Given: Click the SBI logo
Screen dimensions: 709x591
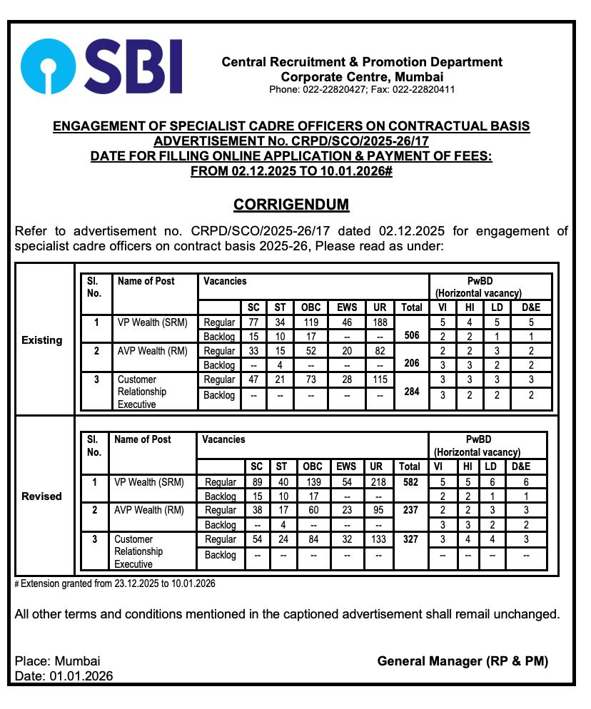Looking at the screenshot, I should click(101, 66).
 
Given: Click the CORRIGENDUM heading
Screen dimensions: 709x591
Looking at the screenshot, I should click(291, 205).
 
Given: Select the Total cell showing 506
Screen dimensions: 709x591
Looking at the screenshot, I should click(411, 335).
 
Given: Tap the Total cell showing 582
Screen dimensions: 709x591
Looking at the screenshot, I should click(410, 482).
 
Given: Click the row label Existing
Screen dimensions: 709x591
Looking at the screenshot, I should click(42, 340).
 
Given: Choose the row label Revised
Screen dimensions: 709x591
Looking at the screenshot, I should click(41, 496).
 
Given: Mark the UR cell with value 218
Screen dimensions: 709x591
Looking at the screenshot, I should click(376, 482).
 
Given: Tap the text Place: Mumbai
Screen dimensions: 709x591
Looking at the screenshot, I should click(57, 661).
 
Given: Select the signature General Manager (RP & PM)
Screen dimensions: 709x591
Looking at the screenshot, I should click(463, 661).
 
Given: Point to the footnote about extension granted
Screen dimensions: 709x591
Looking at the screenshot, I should click(115, 583).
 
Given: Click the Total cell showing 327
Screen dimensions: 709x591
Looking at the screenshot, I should click(410, 539).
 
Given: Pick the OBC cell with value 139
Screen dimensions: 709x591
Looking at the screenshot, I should click(313, 482).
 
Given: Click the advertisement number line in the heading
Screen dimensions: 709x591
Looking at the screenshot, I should click(291, 141).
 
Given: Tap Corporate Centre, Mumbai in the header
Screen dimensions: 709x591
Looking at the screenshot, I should click(362, 77).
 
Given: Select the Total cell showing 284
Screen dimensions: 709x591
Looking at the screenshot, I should click(411, 391).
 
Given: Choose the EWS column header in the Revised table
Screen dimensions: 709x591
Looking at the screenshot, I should click(346, 466).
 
